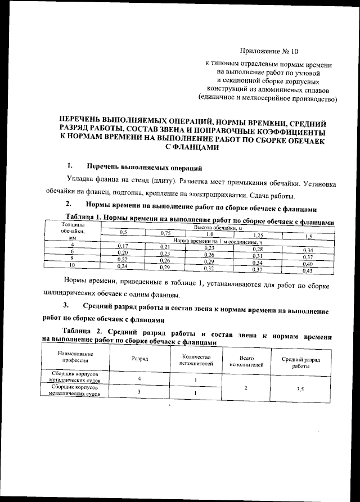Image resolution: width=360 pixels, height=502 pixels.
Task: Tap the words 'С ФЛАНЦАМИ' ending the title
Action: [192, 147]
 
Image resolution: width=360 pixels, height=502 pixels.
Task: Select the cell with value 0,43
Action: [307, 270]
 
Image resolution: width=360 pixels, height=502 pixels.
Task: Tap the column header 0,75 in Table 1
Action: [165, 233]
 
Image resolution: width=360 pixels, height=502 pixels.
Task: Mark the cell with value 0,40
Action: [307, 264]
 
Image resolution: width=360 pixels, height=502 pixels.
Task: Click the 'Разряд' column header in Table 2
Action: [140, 358]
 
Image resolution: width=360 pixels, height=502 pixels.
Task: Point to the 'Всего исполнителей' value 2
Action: [247, 388]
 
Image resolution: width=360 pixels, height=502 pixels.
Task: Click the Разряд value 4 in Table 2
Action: [138, 378]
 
